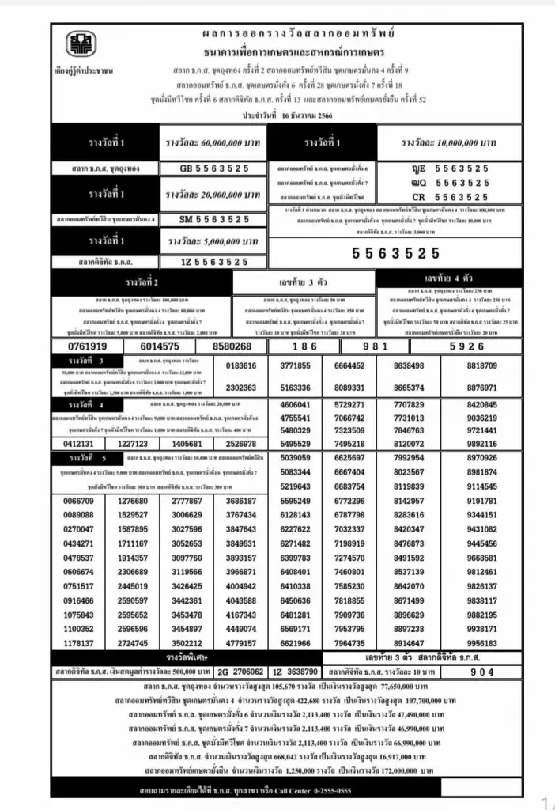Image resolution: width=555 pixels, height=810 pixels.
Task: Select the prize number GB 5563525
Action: pos(214,168)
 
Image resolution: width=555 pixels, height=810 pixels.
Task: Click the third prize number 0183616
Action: pos(240,365)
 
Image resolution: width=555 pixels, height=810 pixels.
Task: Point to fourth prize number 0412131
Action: pos(78,444)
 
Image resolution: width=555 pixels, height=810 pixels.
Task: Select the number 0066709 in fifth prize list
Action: pos(78,501)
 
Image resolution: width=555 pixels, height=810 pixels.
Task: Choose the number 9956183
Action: pos(481,643)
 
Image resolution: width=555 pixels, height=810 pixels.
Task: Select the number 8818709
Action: pos(481,366)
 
